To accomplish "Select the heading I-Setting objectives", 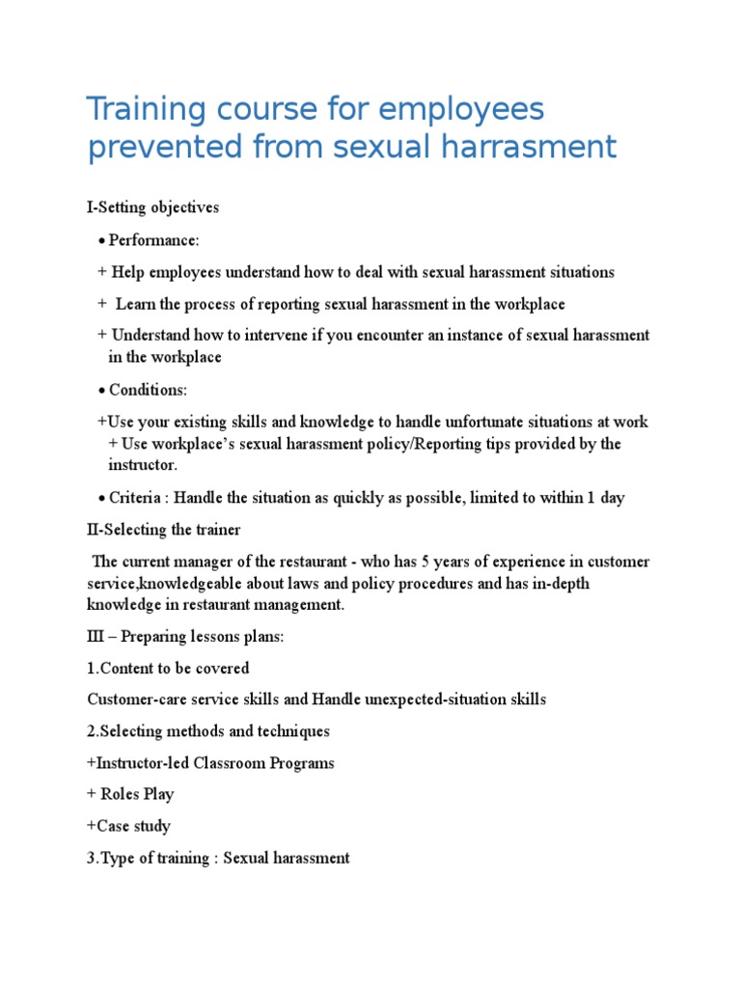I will coord(153,207).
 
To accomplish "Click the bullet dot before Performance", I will coord(101,240).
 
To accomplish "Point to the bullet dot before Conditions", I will coord(101,391).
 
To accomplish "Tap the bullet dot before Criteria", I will coord(101,499).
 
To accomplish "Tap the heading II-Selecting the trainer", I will coord(164,530).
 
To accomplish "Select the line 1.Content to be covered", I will coord(168,669).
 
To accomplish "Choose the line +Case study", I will coord(128,826).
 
